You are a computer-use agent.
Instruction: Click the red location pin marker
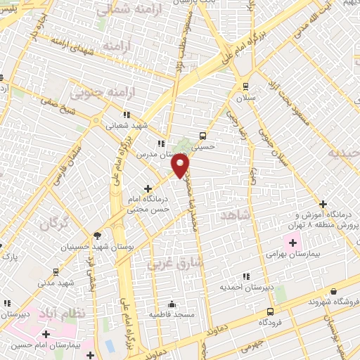point(181,165)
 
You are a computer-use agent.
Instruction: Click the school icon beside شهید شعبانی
point(127,114)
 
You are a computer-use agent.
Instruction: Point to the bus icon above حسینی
point(202,136)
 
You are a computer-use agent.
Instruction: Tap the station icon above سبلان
point(245,86)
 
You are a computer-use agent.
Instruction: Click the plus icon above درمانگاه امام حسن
point(148,188)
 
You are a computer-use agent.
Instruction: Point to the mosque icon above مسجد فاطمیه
point(172,304)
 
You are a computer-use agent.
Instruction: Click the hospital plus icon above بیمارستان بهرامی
point(292,243)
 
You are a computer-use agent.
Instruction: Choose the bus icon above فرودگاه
point(270,311)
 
